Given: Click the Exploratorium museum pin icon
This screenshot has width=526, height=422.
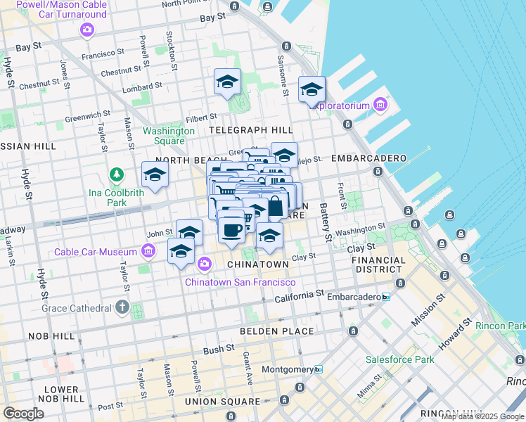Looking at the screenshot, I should tap(380, 105).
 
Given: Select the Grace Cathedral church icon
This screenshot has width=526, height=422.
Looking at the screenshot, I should tap(122, 307).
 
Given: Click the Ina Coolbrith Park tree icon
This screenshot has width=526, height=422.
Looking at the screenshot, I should tap(114, 174).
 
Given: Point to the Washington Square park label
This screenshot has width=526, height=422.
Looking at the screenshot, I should tap(169, 136).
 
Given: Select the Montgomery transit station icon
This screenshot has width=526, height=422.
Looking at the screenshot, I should tap(318, 369).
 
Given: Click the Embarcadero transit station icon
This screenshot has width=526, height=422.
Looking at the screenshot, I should tap(385, 298).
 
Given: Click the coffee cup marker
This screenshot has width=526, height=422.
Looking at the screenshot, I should tap(232, 229).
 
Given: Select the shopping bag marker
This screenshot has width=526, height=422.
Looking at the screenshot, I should tap(276, 207).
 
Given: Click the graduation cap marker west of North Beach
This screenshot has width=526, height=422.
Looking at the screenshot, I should tap(155, 174).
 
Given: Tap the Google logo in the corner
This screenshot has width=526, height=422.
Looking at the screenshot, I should tap(23, 414).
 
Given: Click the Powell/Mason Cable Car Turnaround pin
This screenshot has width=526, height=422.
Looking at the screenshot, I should tap(86, 30).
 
